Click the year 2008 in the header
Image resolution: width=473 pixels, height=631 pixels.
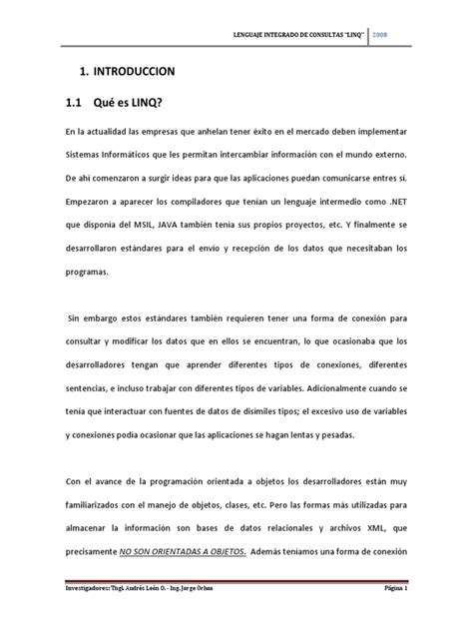[380, 35]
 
